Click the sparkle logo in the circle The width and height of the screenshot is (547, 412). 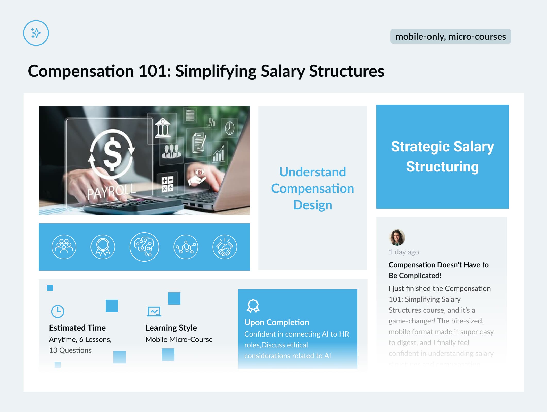point(36,33)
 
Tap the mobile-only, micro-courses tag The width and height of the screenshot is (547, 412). point(451,36)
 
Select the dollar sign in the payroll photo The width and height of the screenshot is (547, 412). point(112,154)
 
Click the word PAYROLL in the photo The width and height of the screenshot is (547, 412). point(111,191)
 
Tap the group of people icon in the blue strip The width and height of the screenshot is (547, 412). point(64,247)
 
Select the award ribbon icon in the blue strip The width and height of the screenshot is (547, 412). point(103,247)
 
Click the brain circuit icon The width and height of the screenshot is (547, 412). point(144,247)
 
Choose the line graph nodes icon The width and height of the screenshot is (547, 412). point(186,247)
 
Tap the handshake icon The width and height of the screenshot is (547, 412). point(225,247)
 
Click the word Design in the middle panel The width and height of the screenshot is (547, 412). point(312,205)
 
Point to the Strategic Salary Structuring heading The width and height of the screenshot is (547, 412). point(442,156)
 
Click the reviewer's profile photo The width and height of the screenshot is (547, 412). point(397,237)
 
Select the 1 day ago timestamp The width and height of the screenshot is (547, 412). point(404,252)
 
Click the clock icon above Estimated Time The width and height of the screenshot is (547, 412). point(58,312)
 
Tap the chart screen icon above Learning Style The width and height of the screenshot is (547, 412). point(154,311)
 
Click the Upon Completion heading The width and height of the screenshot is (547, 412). point(277,322)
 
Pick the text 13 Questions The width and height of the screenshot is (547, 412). point(70,350)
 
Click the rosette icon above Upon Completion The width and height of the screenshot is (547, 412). point(253,306)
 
